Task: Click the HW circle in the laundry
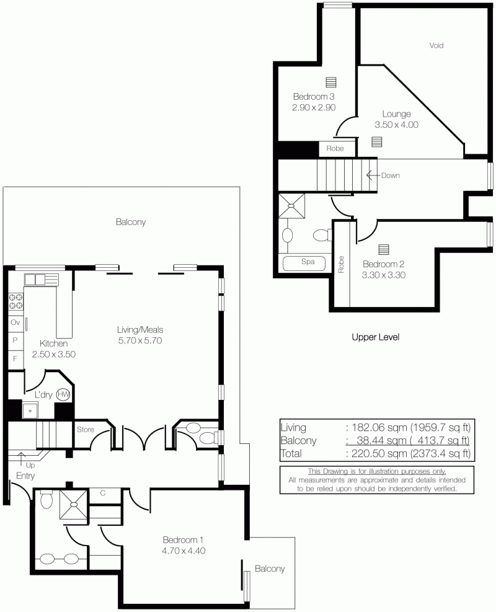coord(63,394)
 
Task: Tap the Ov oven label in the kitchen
coord(15,322)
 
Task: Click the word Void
coord(436,45)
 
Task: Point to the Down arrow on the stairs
coord(373,175)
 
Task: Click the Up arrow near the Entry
coord(20,457)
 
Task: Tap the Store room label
coord(85,429)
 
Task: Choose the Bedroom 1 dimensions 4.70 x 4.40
coord(183,551)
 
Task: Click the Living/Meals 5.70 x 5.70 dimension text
coord(140,340)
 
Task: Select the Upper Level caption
coord(376,337)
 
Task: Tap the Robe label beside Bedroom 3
coord(335,148)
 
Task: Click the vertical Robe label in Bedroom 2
coord(341,264)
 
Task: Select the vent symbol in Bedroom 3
coord(331,82)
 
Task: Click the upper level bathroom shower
coord(291,206)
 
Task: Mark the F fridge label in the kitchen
coord(15,358)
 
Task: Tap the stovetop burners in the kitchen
coord(15,302)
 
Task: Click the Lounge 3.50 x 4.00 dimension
coord(396,125)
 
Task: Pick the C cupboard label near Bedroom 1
coord(103,493)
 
